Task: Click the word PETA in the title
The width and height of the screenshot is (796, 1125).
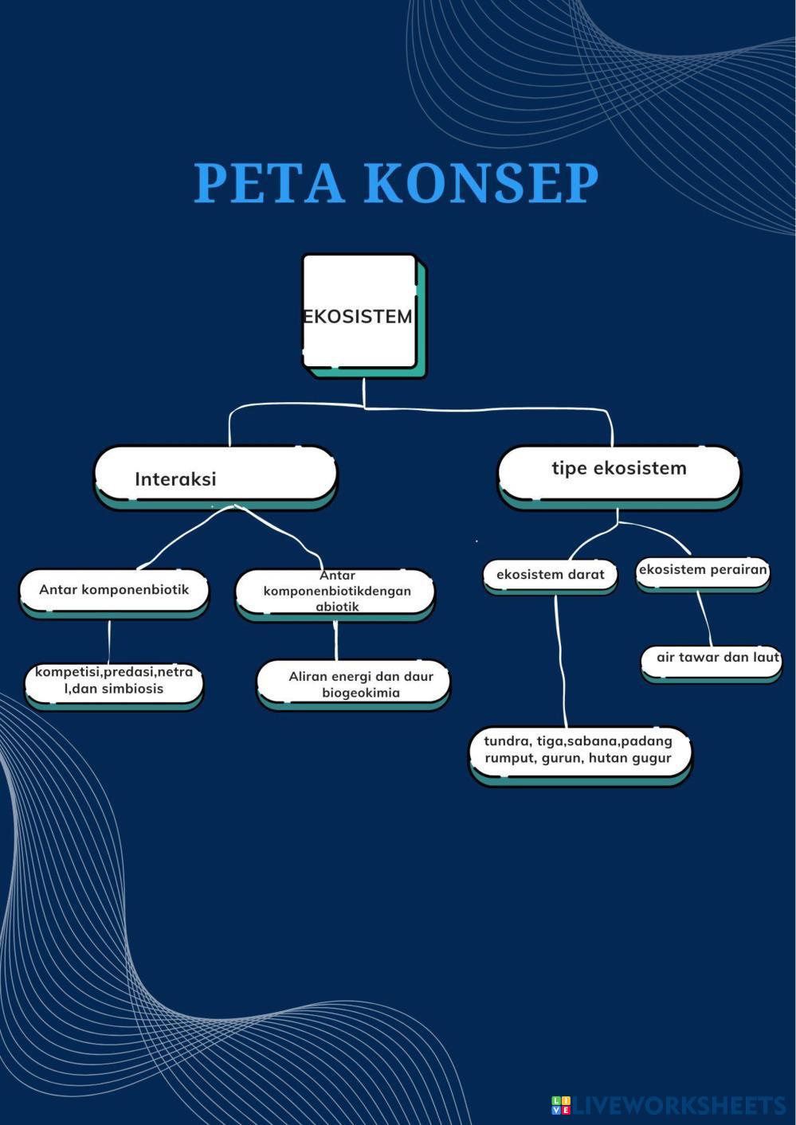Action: pyautogui.click(x=269, y=183)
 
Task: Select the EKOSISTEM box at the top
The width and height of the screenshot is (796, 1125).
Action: pyautogui.click(x=359, y=314)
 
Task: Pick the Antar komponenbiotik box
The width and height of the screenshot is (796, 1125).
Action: pyautogui.click(x=114, y=591)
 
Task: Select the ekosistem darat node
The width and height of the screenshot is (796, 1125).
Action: pyautogui.click(x=550, y=575)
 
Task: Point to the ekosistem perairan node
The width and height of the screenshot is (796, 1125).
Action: pyautogui.click(x=702, y=571)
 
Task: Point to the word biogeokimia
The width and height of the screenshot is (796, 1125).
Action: pyautogui.click(x=361, y=693)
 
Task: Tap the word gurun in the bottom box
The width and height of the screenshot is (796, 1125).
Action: pyautogui.click(x=560, y=759)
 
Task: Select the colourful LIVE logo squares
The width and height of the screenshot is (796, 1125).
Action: pyautogui.click(x=561, y=1105)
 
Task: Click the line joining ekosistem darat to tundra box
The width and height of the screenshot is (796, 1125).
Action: pyautogui.click(x=560, y=661)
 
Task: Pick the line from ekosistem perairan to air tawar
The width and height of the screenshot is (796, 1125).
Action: pyautogui.click(x=704, y=619)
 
